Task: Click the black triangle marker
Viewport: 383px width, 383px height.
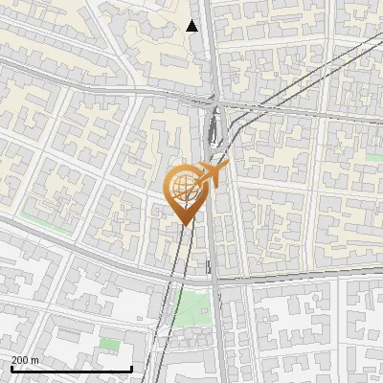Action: pos(192,25)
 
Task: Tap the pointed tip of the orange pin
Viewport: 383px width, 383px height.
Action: pos(182,222)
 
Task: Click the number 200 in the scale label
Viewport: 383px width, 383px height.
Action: pos(20,360)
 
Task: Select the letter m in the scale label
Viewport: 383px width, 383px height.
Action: pos(34,360)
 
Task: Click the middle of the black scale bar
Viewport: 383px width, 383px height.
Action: pos(71,369)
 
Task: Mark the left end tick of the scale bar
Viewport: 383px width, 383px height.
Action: pos(11,368)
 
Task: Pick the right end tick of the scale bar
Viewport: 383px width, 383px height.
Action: pos(131,368)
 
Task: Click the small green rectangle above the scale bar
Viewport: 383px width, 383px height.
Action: pos(110,343)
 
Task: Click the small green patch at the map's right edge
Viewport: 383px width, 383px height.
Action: pos(373,154)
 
